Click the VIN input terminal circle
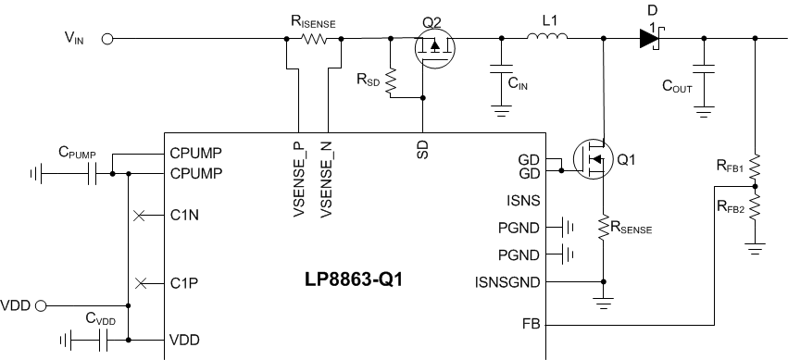[x=107, y=40]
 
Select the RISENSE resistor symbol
[x=312, y=40]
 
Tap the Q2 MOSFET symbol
[x=433, y=50]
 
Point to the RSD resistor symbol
[x=391, y=82]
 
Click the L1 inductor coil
[x=547, y=38]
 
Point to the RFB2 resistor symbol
[x=757, y=206]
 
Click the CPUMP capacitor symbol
[x=94, y=173]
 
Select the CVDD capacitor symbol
[x=102, y=340]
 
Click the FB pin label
[x=532, y=325]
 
